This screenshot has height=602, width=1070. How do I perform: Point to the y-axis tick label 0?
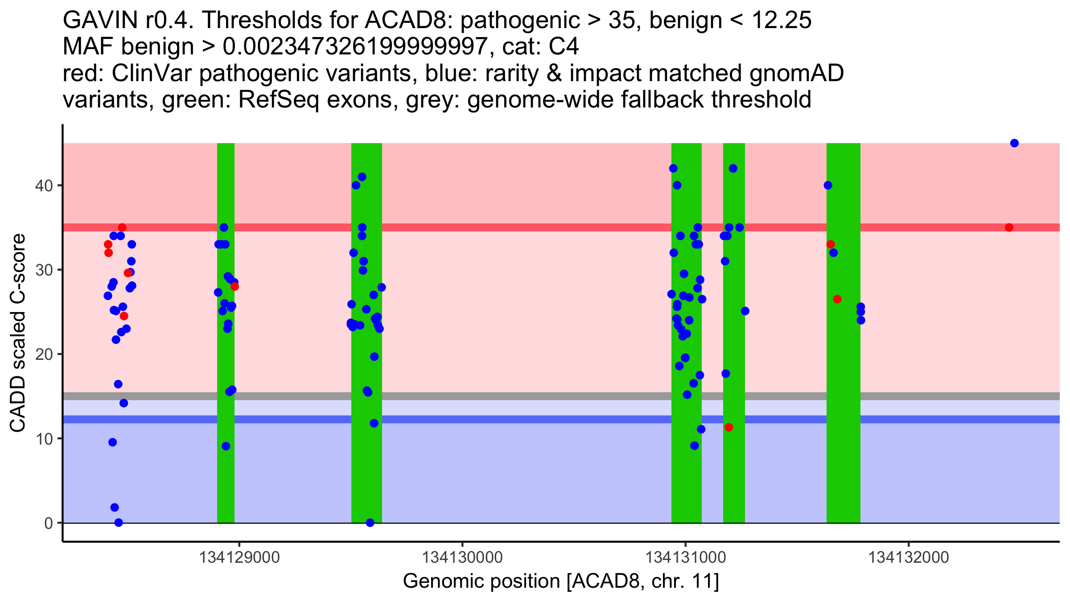pos(48,523)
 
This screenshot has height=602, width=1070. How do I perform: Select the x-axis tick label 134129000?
pos(239,557)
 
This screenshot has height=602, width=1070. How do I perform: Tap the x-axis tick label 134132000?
pos(909,557)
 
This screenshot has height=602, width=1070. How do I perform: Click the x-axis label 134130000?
pos(462,557)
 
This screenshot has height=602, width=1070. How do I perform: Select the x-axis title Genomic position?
pos(561,581)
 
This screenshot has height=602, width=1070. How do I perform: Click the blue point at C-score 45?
pos(1014,143)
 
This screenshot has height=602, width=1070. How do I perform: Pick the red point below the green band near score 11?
pos(729,427)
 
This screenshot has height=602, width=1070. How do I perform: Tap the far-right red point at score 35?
pos(1009,227)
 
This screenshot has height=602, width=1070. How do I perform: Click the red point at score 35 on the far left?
pos(122,227)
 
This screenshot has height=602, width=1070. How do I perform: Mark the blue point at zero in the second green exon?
pos(370,523)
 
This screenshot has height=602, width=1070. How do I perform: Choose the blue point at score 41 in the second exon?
pos(362,177)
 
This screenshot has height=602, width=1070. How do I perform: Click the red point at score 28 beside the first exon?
pos(235,286)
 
